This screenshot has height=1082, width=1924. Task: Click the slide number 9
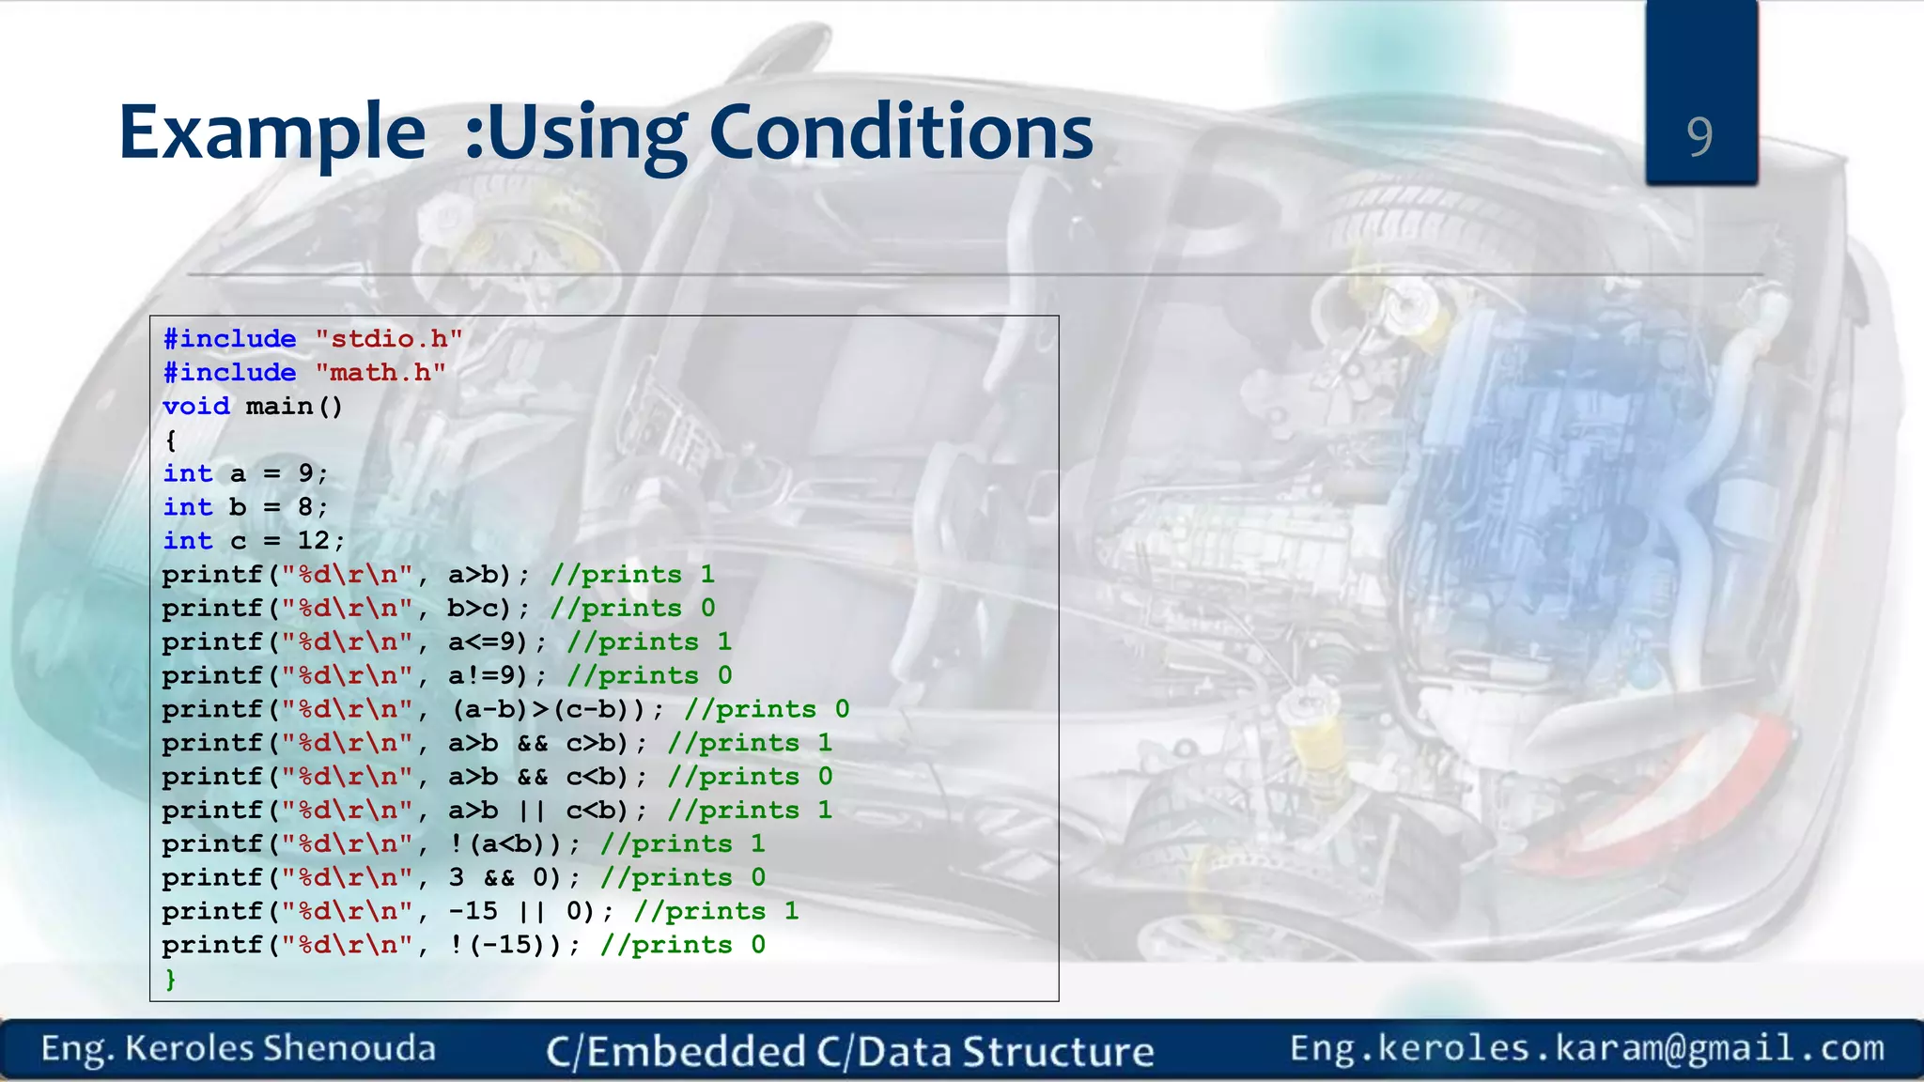pos(1699,136)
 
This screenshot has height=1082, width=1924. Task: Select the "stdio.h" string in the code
pos(388,339)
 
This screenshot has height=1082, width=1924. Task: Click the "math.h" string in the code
pos(380,373)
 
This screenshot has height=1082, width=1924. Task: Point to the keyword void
pos(195,407)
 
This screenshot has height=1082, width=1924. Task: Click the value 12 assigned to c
pos(313,541)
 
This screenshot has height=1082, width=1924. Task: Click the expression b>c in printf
pos(477,609)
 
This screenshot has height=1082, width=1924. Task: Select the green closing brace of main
pos(170,979)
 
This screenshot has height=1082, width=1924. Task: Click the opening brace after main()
pos(170,441)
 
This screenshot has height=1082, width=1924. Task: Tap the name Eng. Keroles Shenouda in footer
pos(239,1048)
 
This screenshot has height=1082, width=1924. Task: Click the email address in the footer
pos(1587,1047)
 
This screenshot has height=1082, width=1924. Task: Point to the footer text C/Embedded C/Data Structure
pos(849,1051)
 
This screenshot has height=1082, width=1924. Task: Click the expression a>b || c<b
pos(536,811)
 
